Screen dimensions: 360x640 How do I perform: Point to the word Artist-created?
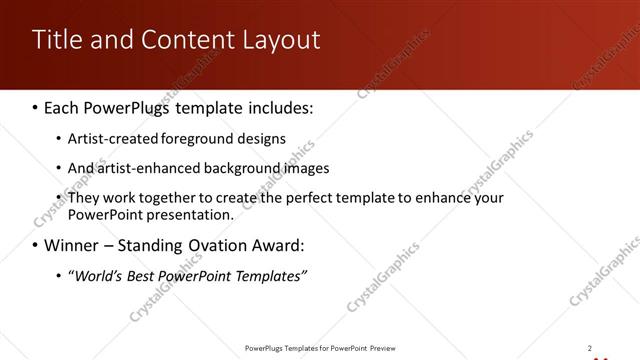click(109, 138)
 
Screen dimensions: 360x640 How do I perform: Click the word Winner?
click(71, 245)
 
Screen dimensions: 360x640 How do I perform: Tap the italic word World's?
click(95, 276)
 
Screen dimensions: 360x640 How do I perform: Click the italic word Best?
click(141, 276)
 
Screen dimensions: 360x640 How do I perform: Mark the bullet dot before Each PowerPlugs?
click(35, 106)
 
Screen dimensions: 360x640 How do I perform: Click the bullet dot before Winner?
click(35, 245)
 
